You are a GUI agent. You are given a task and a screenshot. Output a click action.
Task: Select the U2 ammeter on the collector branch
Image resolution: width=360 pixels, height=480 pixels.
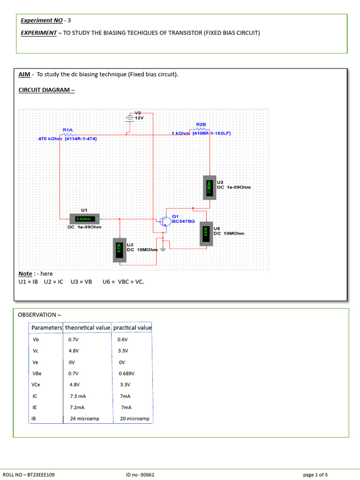210,187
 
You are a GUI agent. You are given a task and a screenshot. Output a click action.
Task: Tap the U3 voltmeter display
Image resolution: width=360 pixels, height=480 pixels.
119,250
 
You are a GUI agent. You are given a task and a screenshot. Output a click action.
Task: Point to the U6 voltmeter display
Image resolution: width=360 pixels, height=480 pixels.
205,233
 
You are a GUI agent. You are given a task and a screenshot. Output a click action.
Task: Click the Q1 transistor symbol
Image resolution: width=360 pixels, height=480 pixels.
164,221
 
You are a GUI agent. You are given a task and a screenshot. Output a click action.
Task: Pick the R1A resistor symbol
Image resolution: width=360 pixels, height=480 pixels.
68,134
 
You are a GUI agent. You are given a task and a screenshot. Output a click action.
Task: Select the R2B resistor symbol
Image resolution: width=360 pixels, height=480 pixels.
201,129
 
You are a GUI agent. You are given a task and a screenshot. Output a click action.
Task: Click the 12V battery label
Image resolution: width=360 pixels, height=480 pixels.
139,118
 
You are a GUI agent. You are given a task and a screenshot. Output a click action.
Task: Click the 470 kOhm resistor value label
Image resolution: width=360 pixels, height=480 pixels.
50,139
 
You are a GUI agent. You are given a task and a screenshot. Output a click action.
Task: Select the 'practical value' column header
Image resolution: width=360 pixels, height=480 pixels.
132,328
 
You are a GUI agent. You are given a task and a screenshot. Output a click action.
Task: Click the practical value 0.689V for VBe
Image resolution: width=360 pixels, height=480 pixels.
126,374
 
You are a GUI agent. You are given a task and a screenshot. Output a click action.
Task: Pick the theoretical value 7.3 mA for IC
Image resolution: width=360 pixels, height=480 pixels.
78,396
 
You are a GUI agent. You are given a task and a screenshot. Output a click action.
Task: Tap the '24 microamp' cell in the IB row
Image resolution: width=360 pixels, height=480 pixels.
85,419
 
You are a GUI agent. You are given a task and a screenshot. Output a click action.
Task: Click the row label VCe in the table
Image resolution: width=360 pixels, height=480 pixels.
37,385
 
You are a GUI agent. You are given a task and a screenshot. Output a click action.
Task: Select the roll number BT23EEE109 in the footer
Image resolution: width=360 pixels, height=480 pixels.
40,475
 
